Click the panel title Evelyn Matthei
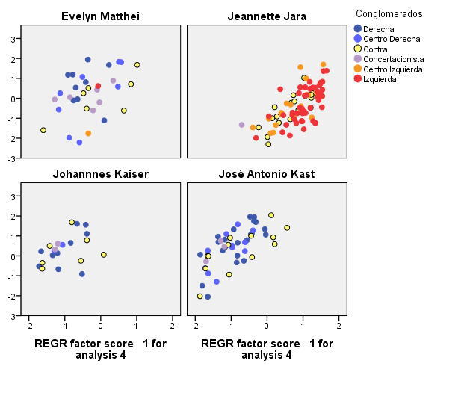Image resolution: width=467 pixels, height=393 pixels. [x=100, y=16]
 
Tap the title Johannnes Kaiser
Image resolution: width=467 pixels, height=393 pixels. [x=100, y=174]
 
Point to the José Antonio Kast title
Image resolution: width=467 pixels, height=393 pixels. [x=267, y=174]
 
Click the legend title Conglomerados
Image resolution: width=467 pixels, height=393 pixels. [x=389, y=13]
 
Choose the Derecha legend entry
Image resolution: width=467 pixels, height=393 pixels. [x=378, y=29]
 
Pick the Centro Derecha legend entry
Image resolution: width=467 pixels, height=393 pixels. [x=391, y=39]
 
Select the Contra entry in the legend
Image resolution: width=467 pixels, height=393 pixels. [x=374, y=49]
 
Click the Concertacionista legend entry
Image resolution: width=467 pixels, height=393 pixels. [x=393, y=59]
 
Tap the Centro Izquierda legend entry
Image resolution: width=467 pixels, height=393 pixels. [x=392, y=69]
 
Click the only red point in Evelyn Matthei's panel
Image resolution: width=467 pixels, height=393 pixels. [x=98, y=87]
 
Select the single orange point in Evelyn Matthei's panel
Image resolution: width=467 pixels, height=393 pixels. [x=88, y=134]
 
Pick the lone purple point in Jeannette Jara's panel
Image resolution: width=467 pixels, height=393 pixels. [x=241, y=125]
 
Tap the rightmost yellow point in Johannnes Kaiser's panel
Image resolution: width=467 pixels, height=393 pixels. [x=104, y=255]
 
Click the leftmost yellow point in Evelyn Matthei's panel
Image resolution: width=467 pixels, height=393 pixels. [x=43, y=130]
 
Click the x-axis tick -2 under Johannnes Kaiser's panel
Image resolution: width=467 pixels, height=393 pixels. [x=28, y=327]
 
